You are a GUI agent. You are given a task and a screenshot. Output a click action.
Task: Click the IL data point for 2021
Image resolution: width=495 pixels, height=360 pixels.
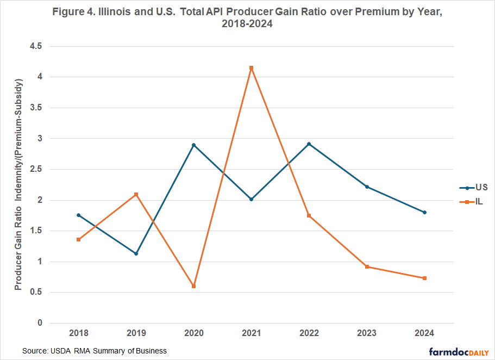click(251, 68)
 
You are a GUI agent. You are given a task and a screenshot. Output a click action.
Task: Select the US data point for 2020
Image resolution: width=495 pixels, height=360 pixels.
click(193, 145)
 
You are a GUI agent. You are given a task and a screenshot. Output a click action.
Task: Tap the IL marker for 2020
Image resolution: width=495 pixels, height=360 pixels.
click(193, 286)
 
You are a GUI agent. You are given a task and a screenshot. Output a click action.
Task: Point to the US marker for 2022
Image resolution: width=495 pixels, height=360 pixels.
click(309, 144)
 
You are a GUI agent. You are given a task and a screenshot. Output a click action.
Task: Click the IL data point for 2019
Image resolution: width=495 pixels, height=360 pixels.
click(136, 194)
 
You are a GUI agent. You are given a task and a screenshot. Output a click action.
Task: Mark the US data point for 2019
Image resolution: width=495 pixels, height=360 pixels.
click(136, 253)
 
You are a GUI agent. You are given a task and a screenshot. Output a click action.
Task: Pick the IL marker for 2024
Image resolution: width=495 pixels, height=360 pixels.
click(424, 278)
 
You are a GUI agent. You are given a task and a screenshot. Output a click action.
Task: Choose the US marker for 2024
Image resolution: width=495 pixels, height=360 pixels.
click(424, 212)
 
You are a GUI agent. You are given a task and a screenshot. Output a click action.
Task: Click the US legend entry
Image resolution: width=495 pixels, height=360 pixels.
click(474, 188)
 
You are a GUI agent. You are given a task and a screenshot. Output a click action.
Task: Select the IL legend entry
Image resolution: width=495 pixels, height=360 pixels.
click(473, 201)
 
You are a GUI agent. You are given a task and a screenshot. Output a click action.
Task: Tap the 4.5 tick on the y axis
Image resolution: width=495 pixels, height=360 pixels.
click(36, 46)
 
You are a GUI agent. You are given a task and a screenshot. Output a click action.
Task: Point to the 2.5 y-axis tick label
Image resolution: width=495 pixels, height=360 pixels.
click(36, 169)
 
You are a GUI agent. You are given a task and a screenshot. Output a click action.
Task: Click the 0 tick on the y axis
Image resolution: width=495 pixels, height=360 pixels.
click(40, 323)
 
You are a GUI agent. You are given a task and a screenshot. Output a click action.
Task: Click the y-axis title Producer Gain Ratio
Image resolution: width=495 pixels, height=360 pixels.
click(18, 185)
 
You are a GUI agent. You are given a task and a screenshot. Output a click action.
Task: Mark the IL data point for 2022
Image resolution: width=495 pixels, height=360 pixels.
click(309, 215)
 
